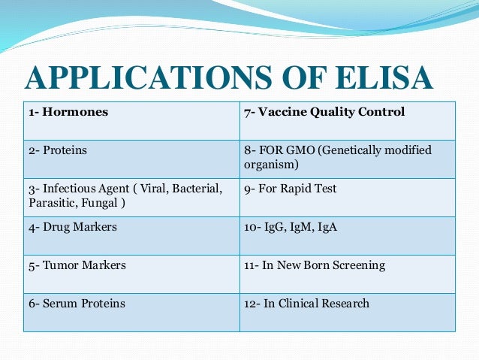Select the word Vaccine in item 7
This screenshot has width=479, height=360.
tap(277, 113)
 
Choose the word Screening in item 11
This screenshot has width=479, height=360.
tap(360, 265)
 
